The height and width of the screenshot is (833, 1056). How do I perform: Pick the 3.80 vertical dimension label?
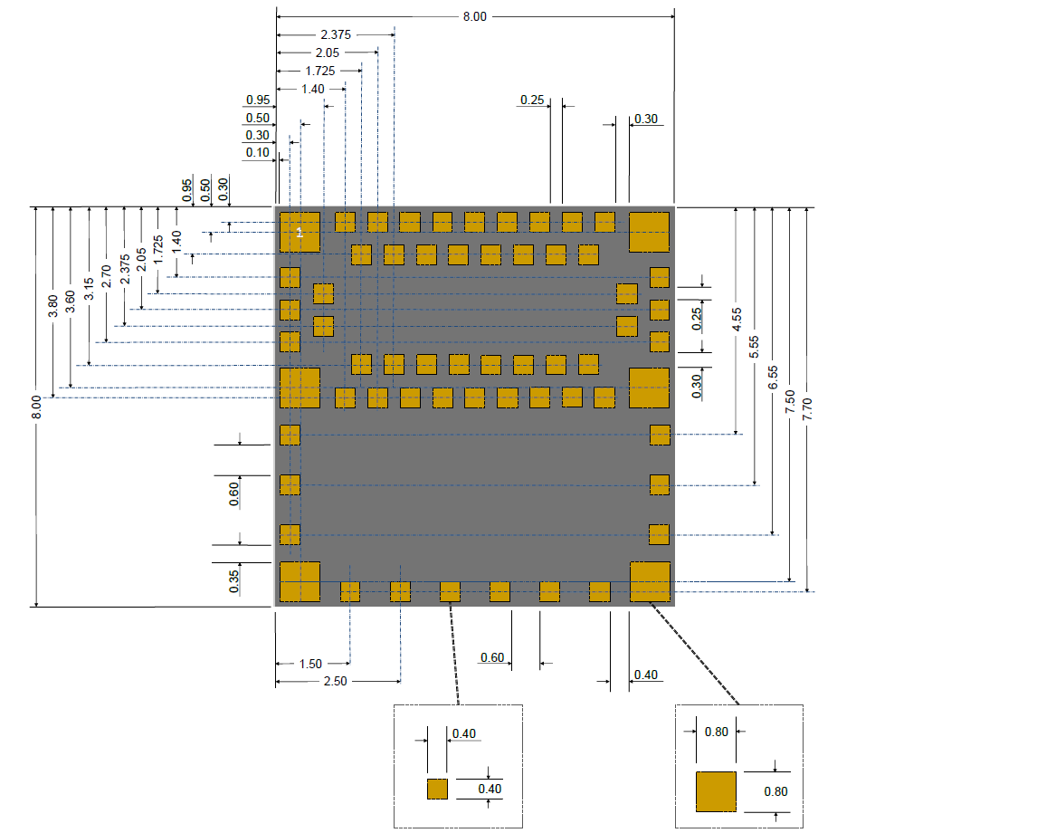coord(53,306)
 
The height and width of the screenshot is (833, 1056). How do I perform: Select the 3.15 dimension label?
coord(89,288)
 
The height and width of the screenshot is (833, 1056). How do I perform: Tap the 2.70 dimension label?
coord(107,275)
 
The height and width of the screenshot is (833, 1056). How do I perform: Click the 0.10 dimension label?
coord(258,153)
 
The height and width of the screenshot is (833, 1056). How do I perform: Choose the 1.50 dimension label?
coord(310,664)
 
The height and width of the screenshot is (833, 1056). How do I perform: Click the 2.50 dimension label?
coord(335,681)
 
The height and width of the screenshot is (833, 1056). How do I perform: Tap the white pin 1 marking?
coord(300,234)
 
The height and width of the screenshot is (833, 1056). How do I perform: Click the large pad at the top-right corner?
coord(649,232)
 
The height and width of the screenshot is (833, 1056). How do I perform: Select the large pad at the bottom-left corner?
coord(300,582)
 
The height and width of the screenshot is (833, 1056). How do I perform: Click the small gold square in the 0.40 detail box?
coord(437,789)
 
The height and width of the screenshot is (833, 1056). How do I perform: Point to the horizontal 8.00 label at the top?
coord(475,16)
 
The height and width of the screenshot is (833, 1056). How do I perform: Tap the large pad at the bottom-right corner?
coord(650,582)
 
